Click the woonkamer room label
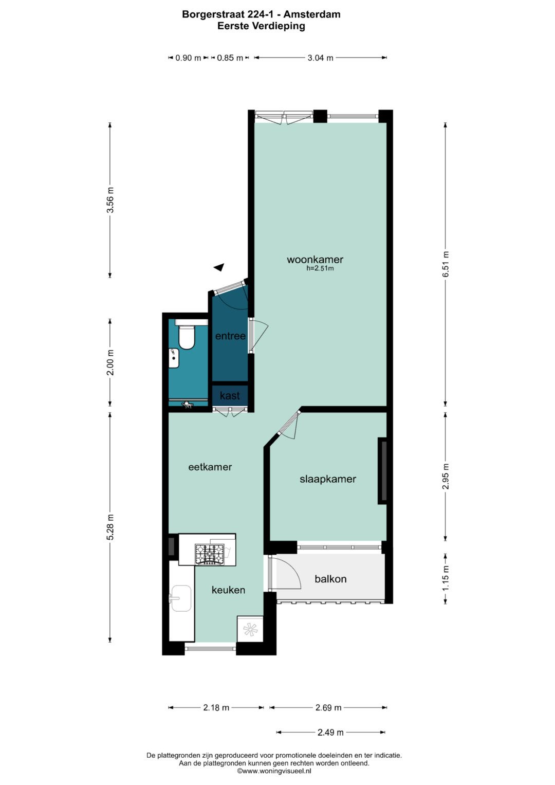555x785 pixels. coord(314,260)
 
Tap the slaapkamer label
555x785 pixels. coord(328,479)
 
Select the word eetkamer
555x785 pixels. coord(210,467)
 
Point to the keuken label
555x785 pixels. coord(228,590)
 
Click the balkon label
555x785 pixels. coord(330,578)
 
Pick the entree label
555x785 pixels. coord(230,336)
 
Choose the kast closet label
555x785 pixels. coord(230,396)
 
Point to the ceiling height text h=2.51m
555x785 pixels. coord(320,269)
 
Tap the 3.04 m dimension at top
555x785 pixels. coord(320,58)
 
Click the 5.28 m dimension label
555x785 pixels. coord(110,527)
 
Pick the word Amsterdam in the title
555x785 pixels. coord(311,14)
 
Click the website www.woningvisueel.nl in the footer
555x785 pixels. coord(274,771)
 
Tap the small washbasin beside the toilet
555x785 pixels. coord(174,358)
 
